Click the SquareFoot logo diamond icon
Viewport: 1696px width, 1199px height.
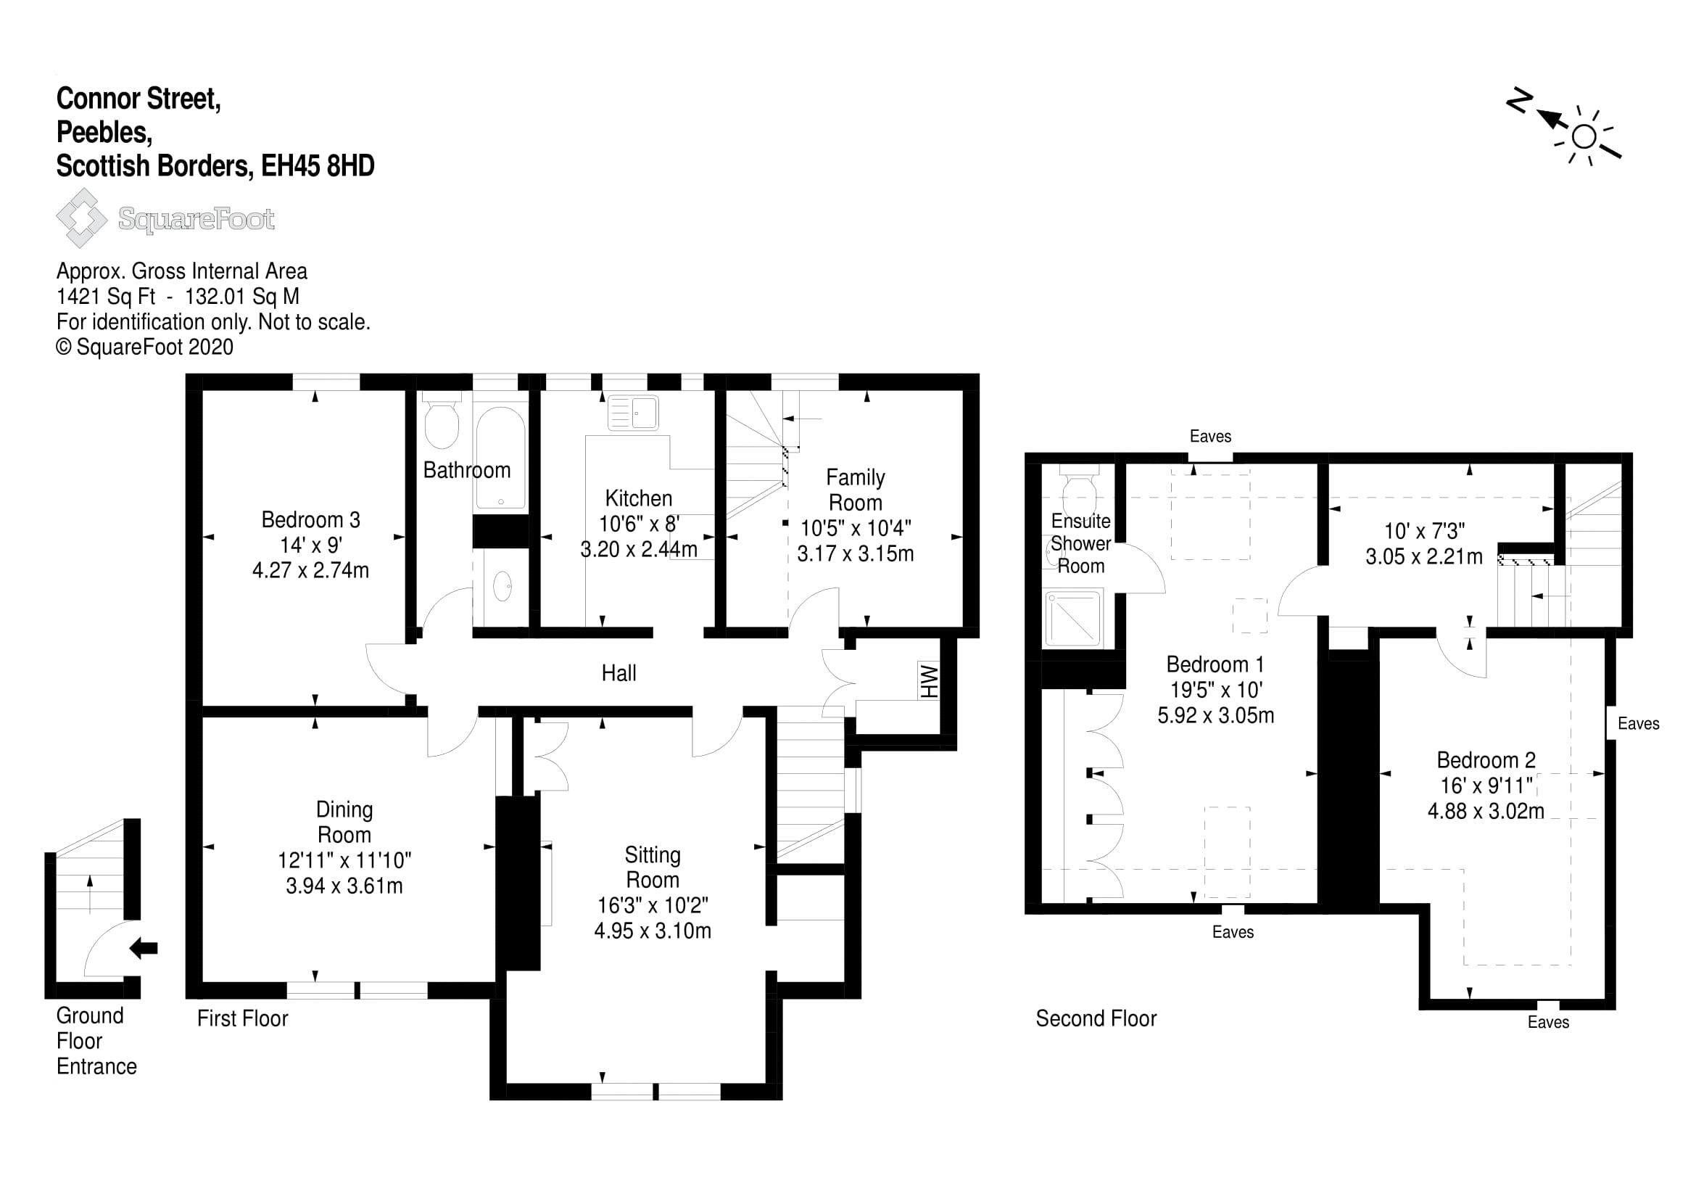[x=82, y=218]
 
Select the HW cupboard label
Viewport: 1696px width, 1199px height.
[x=928, y=681]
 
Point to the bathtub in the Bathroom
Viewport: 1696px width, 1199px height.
[x=500, y=456]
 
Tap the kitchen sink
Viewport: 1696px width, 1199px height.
[x=633, y=412]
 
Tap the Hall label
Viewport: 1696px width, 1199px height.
[x=619, y=673]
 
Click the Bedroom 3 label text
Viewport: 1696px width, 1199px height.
[x=311, y=519]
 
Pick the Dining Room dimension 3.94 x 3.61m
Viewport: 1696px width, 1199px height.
[x=344, y=886]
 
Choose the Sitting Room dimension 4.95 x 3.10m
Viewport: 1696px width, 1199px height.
[x=653, y=931]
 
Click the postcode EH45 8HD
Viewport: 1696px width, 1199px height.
[x=318, y=165]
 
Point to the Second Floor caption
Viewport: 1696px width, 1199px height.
[x=1096, y=1018]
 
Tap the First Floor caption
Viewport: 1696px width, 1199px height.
[x=242, y=1018]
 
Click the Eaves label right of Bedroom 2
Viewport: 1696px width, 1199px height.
[x=1639, y=723]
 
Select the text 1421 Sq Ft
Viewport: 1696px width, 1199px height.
[x=107, y=296]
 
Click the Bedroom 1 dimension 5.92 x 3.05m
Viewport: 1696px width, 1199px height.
[x=1216, y=715]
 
